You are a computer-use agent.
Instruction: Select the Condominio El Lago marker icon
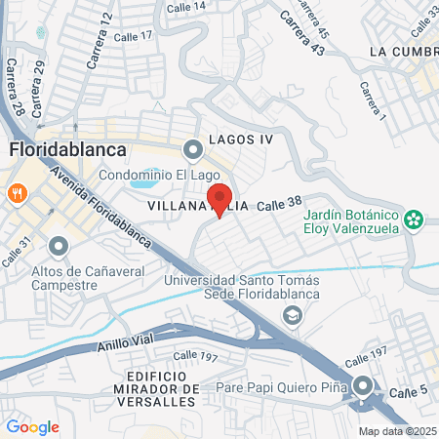(x=193, y=148)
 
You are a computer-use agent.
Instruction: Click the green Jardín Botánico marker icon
(x=415, y=219)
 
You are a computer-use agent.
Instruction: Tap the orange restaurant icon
(x=17, y=193)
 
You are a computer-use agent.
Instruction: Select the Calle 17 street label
(x=134, y=36)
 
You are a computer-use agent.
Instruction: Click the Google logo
(x=32, y=426)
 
